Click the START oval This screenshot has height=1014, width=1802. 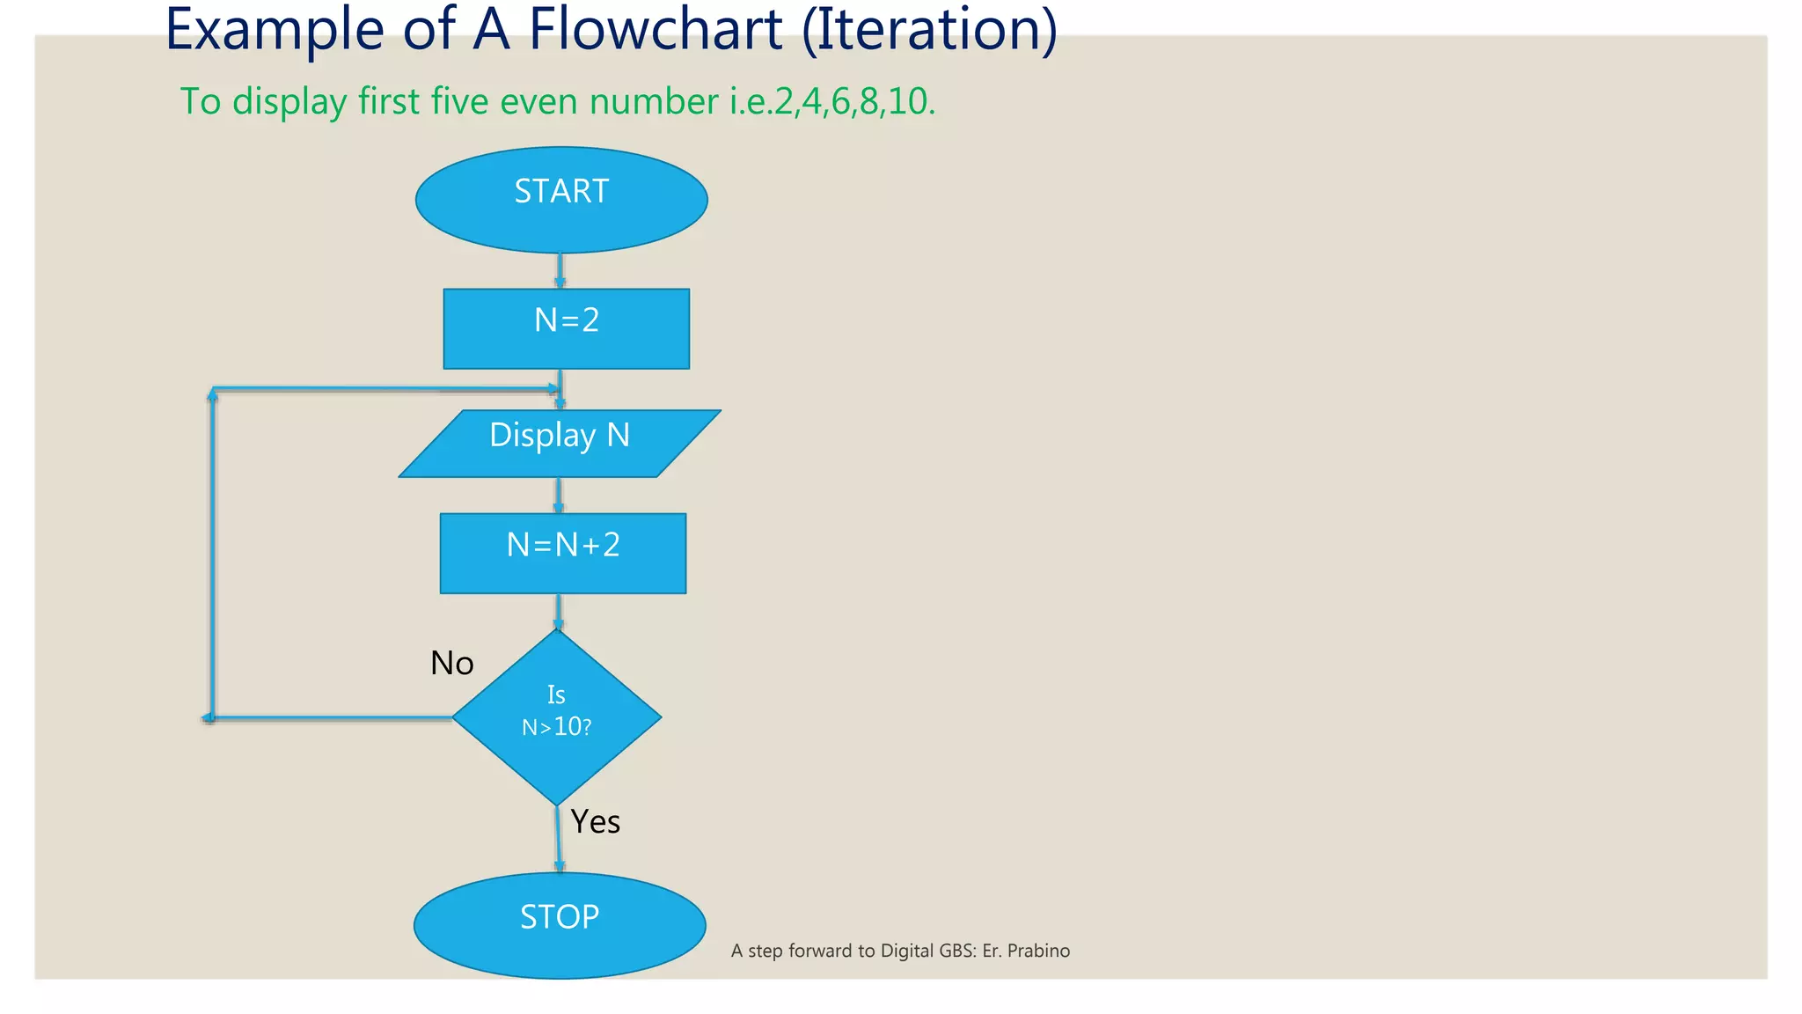561,200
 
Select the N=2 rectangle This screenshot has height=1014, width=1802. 566,328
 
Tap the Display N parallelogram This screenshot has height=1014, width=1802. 560,444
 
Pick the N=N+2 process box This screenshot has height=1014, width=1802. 563,553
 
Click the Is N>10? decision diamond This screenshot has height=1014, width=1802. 556,717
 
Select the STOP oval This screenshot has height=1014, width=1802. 560,925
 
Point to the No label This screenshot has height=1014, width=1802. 451,663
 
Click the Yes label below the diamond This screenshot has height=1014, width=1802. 596,821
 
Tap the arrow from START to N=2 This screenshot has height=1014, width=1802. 560,270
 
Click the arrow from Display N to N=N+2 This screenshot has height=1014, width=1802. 558,496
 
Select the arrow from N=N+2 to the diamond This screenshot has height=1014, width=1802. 558,611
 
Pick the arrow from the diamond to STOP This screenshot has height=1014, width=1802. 558,839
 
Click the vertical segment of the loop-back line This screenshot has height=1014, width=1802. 212,555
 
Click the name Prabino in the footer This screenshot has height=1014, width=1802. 1038,951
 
